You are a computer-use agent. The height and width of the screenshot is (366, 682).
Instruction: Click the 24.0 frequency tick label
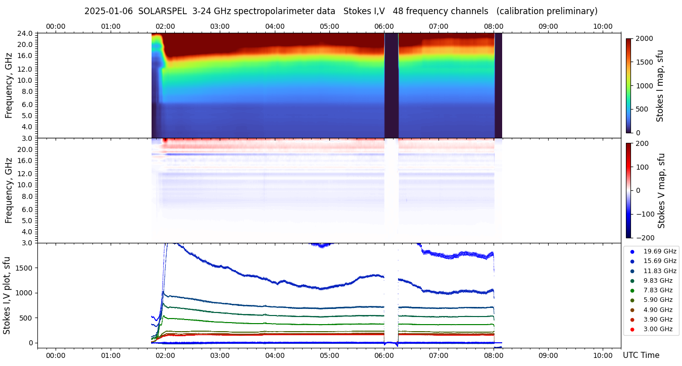click(x=26, y=33)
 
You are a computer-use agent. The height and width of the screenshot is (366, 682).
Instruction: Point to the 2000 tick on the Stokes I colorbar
click(x=643, y=39)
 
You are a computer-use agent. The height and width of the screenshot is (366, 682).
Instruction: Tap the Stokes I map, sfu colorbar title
click(x=660, y=86)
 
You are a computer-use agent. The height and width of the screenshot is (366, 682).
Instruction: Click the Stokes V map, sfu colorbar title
click(x=661, y=190)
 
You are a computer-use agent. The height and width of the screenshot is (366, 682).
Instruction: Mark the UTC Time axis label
click(x=641, y=355)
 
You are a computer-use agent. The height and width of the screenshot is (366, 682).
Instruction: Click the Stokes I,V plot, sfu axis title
click(x=7, y=295)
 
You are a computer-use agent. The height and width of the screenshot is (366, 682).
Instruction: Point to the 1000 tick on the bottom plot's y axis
click(x=25, y=293)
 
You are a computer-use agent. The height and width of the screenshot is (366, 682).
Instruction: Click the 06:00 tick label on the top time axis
click(x=384, y=26)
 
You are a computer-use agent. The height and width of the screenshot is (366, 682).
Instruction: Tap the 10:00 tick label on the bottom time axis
click(x=603, y=355)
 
